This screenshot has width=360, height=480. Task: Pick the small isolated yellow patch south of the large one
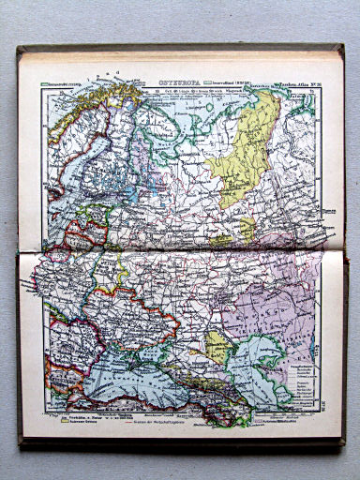pos(246,228)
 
